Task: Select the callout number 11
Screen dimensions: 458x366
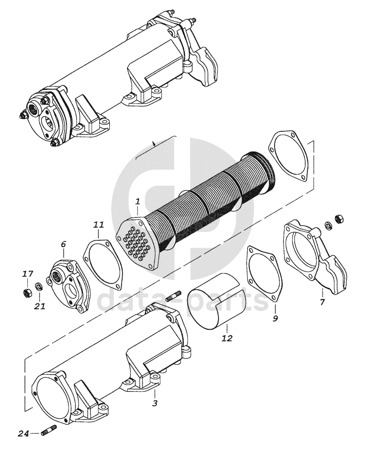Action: click(x=99, y=226)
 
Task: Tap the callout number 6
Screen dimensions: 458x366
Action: click(x=63, y=244)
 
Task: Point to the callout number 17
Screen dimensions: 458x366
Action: click(x=28, y=274)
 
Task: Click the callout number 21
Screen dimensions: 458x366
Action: click(x=40, y=306)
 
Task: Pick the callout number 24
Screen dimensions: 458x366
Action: click(x=22, y=433)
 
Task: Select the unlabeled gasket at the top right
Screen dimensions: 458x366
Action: click(x=288, y=155)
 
